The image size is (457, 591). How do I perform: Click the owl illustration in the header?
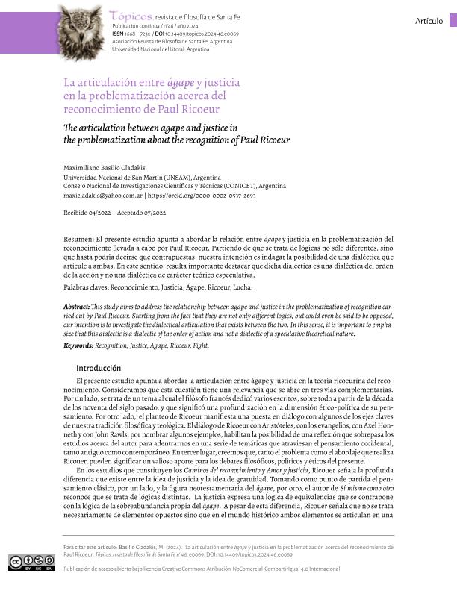tap(79, 31)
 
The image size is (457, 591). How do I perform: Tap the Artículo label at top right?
tap(429, 21)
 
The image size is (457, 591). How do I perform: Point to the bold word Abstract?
tap(80, 307)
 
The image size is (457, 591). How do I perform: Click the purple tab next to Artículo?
tap(452, 20)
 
